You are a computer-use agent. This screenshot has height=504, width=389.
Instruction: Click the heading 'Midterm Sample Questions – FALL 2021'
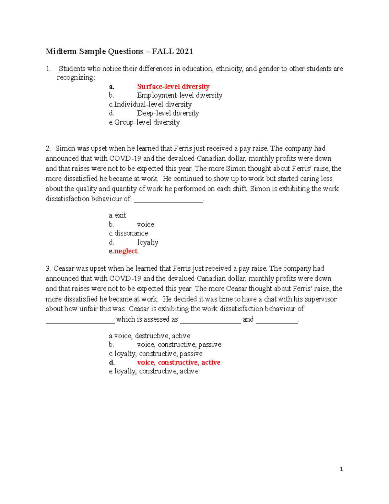(x=119, y=51)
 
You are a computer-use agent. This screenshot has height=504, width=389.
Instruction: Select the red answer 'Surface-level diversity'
(x=173, y=87)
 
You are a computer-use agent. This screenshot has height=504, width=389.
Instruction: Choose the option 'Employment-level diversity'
(x=180, y=95)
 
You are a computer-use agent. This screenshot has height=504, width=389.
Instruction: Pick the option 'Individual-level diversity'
(x=153, y=104)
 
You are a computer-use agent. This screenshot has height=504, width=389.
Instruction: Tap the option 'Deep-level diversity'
(x=168, y=113)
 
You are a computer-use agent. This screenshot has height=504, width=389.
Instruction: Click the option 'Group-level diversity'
(x=147, y=122)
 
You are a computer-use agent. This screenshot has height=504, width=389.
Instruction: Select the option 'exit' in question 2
(x=120, y=215)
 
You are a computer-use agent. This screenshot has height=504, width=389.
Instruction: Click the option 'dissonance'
(x=131, y=233)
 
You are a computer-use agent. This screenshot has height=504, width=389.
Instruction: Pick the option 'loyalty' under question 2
(x=147, y=242)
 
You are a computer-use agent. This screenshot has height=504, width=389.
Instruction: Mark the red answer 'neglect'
(x=126, y=251)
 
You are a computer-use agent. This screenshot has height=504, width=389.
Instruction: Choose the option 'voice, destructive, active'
(x=152, y=336)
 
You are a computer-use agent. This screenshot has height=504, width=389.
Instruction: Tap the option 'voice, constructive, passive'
(x=179, y=345)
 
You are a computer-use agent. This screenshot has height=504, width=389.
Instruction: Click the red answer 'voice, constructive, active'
(x=179, y=363)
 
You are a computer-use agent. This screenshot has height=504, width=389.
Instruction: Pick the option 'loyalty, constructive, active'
(x=156, y=371)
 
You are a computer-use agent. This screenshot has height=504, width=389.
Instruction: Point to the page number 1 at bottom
(x=341, y=469)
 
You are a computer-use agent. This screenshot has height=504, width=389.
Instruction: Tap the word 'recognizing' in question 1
(x=76, y=78)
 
